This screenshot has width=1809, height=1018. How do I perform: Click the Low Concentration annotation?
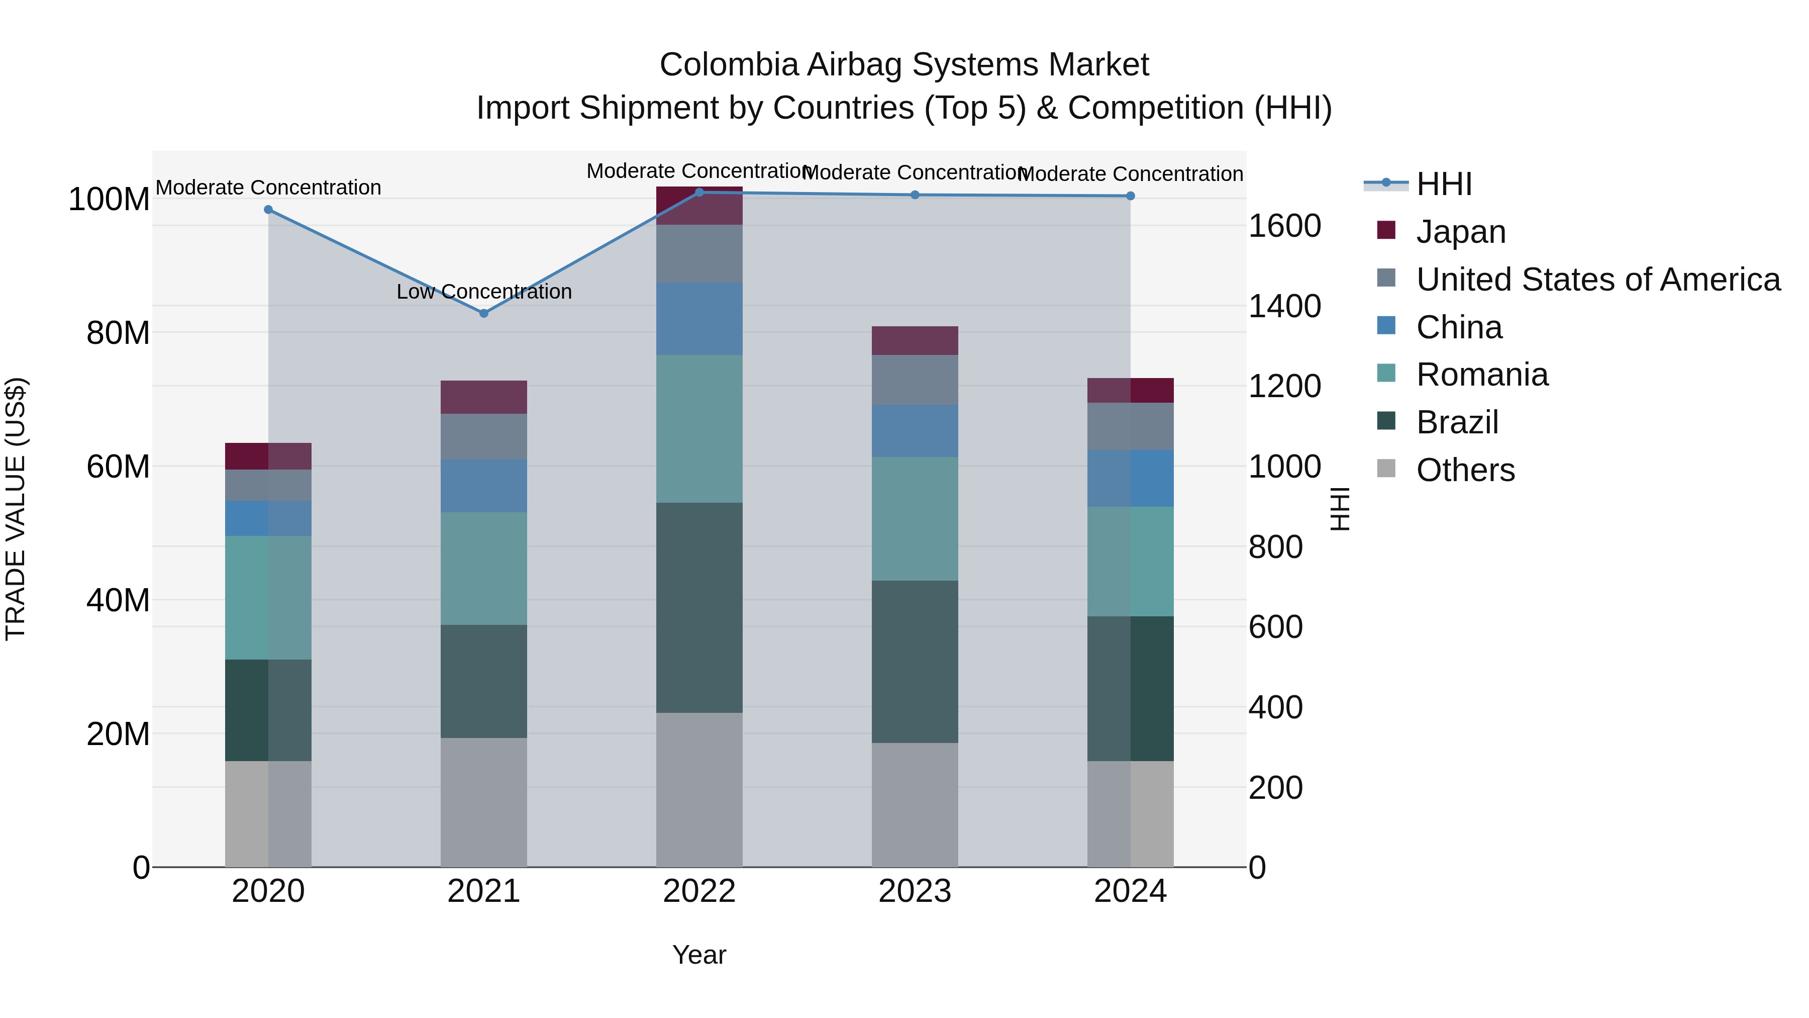point(484,292)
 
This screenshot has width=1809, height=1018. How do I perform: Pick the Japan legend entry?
point(1461,232)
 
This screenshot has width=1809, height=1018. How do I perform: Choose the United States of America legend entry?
point(1597,280)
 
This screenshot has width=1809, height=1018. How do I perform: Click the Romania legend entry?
point(1482,375)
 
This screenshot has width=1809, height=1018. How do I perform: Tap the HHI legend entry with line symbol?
point(1443,184)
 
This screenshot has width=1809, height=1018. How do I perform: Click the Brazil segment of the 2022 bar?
point(699,608)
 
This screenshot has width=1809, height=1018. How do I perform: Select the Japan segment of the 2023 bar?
point(915,341)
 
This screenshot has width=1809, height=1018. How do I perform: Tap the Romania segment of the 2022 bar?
point(699,428)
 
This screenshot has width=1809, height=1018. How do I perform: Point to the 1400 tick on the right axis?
point(1284,306)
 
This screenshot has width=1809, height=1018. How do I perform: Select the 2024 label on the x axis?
point(1130,891)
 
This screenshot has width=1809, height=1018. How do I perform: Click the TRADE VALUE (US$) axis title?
point(16,509)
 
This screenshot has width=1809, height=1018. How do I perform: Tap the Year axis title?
point(699,955)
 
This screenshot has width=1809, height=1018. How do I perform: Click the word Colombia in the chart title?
point(729,65)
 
